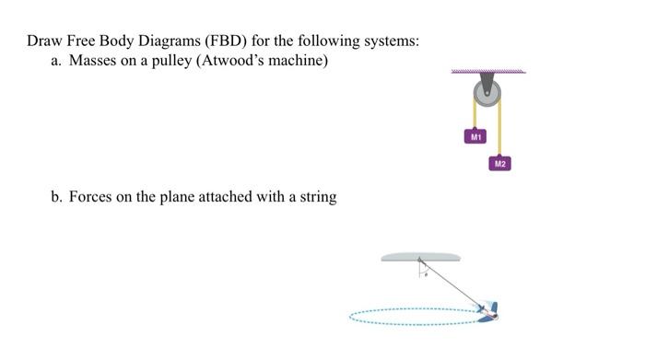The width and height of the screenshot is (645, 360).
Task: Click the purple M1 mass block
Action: [x=475, y=135]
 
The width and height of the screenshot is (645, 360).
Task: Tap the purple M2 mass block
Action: [x=499, y=164]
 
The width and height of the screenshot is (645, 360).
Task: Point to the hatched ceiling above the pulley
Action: [x=488, y=71]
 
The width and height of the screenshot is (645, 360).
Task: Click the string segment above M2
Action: [x=500, y=129]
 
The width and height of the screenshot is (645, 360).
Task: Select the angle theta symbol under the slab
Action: [x=426, y=273]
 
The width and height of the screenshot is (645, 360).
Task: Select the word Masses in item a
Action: [x=94, y=62]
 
